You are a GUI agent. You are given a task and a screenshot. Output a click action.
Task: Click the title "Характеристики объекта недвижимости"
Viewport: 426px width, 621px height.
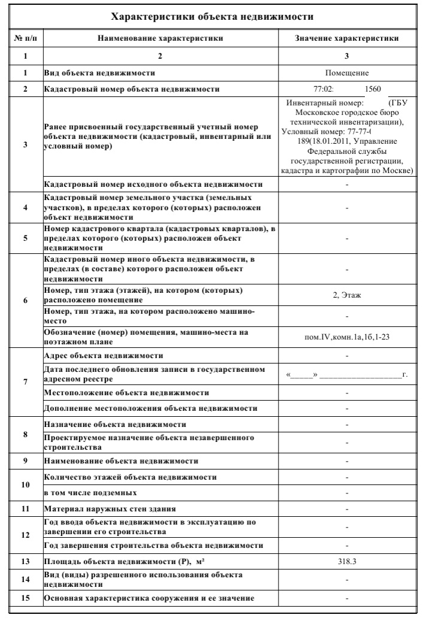click(213, 16)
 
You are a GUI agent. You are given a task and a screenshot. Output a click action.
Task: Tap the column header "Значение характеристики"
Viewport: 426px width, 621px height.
click(347, 38)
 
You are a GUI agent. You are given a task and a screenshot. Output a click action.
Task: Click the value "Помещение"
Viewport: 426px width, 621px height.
click(346, 73)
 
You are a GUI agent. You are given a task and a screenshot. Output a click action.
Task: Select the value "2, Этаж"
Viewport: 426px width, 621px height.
click(347, 295)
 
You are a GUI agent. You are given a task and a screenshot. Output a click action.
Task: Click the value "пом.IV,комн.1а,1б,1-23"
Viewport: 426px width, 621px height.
click(347, 336)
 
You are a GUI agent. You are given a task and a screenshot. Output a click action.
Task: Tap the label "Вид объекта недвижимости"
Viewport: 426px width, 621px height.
click(99, 73)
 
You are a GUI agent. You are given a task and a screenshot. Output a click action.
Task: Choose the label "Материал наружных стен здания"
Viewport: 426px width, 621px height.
click(110, 510)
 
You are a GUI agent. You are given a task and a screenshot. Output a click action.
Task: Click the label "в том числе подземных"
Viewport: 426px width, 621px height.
click(91, 493)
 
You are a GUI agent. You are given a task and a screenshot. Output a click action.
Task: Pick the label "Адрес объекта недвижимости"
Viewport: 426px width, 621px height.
click(104, 356)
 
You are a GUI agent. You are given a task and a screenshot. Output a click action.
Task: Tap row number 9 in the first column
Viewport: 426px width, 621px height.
click(26, 461)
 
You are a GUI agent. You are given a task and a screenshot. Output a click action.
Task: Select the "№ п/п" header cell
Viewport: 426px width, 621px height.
click(26, 38)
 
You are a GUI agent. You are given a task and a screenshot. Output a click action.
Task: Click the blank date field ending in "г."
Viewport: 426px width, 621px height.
click(347, 375)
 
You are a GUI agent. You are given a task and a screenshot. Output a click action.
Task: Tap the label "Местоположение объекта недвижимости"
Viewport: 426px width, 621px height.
click(126, 392)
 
